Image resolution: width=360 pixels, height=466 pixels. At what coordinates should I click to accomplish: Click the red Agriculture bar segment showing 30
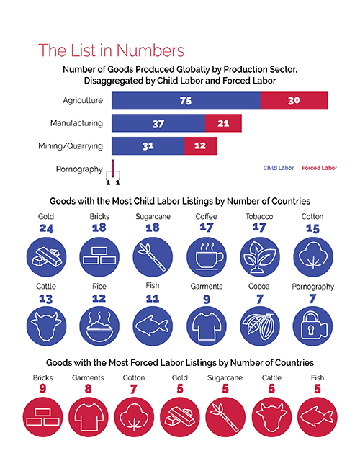coord(294,100)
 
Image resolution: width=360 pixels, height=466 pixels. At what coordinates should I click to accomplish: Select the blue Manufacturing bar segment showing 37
coord(158,123)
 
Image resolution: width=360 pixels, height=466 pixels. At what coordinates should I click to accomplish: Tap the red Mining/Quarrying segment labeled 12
coord(200,146)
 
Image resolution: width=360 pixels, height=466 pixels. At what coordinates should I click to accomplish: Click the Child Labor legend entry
coord(279,168)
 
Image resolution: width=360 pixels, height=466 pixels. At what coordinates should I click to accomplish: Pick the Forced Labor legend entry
coord(319,168)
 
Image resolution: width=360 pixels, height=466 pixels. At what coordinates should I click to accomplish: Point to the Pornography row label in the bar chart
coord(79,169)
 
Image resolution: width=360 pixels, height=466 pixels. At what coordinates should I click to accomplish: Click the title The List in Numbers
coord(112,50)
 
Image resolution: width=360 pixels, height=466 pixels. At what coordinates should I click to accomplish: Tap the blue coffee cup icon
coord(207,257)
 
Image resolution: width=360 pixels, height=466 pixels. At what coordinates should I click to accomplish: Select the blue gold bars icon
coord(46,257)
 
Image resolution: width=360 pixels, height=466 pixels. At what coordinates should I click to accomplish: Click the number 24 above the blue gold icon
coord(46,228)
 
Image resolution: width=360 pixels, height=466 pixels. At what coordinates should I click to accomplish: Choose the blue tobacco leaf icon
coord(260,257)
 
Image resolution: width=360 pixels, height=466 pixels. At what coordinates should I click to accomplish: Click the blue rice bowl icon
coord(99,326)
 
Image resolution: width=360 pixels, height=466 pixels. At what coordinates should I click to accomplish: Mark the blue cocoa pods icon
coord(260,326)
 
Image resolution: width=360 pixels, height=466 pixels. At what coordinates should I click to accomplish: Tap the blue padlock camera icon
coord(312,326)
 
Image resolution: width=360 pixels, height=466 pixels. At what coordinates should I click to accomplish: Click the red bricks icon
coord(42,417)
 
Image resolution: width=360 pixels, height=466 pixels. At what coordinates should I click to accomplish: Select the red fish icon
coord(318,417)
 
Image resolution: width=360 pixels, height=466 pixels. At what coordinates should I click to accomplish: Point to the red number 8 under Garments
coord(89,389)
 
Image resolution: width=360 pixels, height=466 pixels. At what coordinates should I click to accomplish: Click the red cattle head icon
coord(271,417)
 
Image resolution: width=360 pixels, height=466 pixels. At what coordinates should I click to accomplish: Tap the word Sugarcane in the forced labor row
coord(225,377)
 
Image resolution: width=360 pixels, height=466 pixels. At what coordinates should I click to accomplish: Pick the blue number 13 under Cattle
coord(46,299)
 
